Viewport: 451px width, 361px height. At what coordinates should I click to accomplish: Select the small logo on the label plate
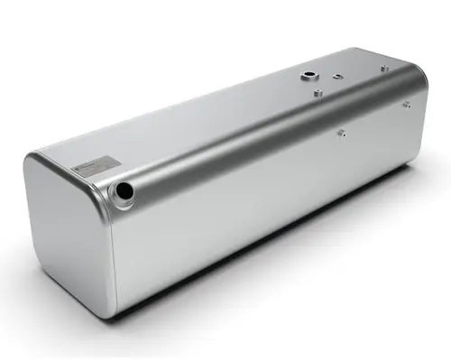click(x=82, y=169)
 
